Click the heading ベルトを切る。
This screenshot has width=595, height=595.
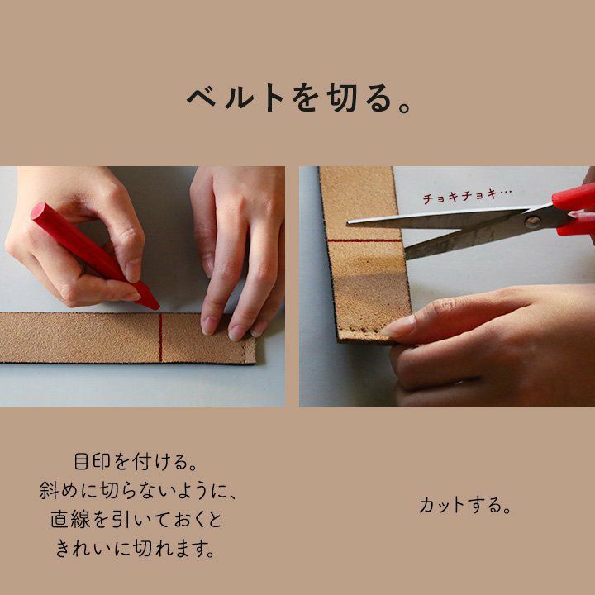pos(298,98)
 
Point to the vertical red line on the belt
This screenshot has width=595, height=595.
pos(161,338)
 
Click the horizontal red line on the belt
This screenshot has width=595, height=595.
pos(364,240)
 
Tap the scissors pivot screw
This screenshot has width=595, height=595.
pos(532,221)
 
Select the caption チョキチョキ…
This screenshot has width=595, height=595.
pos(467,196)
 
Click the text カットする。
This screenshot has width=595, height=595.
pos(464,506)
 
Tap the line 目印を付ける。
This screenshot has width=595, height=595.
pos(135,462)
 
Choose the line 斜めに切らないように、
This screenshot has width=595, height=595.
pos(137,491)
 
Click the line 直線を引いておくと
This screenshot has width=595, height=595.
pos(136,520)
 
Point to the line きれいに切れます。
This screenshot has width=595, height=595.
pos(136,549)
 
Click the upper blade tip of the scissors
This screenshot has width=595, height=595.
pos(349,223)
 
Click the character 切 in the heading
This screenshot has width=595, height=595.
pos(341,98)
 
